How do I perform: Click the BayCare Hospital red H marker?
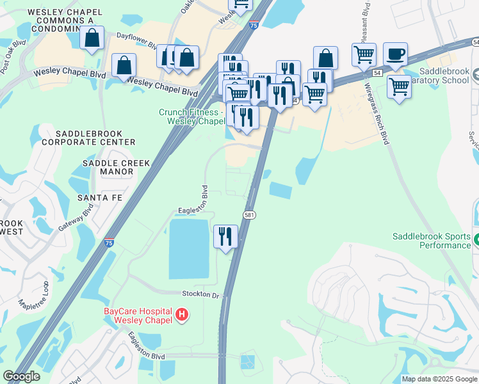pyautogui.click(x=183, y=314)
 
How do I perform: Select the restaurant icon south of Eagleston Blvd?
pyautogui.click(x=225, y=237)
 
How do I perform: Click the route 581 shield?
pyautogui.click(x=250, y=215)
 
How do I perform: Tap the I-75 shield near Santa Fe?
pyautogui.click(x=110, y=243)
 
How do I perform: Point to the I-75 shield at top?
pyautogui.click(x=254, y=26)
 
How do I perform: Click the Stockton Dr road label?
pyautogui.click(x=200, y=296)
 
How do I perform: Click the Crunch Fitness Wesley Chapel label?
pyautogui.click(x=191, y=116)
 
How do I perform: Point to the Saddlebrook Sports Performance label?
pyautogui.click(x=432, y=241)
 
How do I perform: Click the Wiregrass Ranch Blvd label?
pyautogui.click(x=377, y=113)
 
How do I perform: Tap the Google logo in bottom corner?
pyautogui.click(x=22, y=376)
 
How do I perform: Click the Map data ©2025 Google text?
pyautogui.click(x=439, y=379)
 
